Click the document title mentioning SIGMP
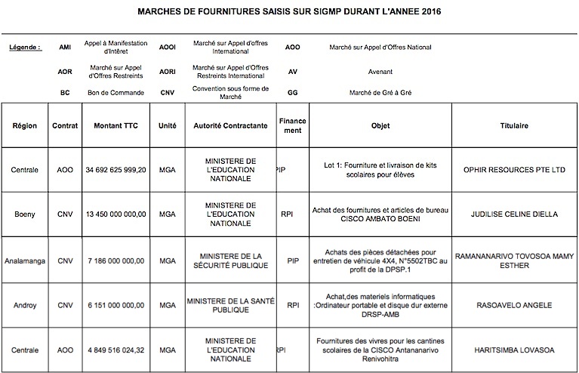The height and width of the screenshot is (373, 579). [x=289, y=12]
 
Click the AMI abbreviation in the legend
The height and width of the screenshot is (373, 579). [x=65, y=47]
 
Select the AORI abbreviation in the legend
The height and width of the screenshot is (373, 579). [x=167, y=71]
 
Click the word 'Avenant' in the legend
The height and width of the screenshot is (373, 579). [x=380, y=71]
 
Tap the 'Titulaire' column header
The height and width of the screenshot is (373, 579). [x=514, y=126]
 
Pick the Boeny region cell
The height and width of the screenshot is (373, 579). [x=25, y=214]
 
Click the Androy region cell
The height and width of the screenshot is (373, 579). [x=25, y=305]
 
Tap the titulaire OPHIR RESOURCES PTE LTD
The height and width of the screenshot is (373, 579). [x=514, y=170]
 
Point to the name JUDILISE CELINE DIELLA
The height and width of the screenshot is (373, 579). [x=514, y=214]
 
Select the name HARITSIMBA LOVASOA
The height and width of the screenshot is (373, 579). [x=514, y=350]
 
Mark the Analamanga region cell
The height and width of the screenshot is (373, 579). [x=25, y=260]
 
